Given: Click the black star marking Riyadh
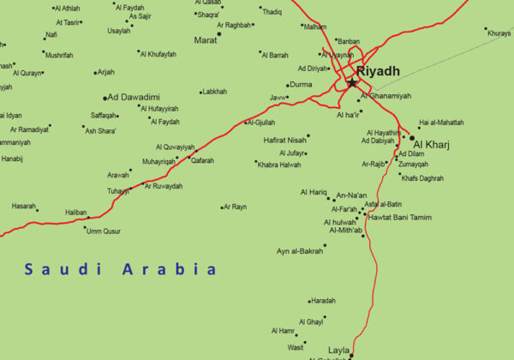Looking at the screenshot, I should pos(352,82).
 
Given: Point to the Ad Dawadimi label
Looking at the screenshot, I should pos(134,98).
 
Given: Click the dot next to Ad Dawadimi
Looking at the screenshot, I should pos(105,98).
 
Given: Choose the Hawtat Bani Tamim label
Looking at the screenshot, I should pos(398,217).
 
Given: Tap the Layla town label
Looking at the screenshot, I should pos(338,351).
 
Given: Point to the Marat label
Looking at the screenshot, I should pos(206,39).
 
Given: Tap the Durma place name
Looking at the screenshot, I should pos(302,85).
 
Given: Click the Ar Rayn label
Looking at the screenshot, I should pos(236,207).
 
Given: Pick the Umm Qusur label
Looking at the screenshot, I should pos(104,231).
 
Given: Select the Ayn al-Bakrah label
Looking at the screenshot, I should pos(300,251).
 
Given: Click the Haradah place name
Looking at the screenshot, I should pos(324,301).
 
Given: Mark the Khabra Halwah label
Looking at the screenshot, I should pos(279,165).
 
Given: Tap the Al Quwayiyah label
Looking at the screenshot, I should pos(176,147).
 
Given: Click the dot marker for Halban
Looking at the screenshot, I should pos(87,218).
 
